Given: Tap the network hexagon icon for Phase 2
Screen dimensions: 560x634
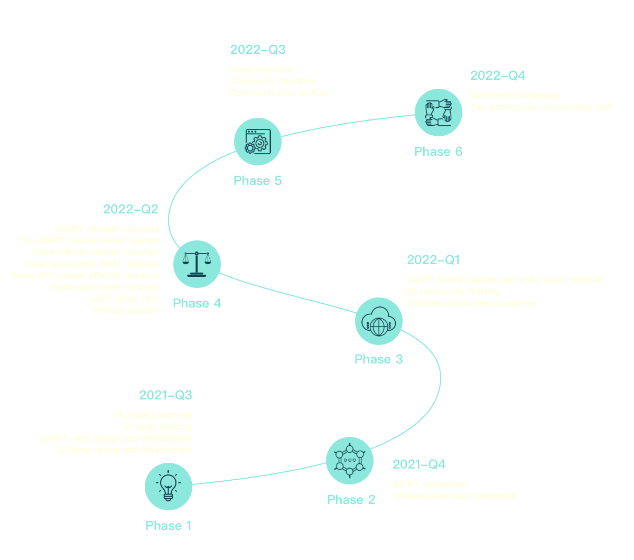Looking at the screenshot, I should [x=349, y=460].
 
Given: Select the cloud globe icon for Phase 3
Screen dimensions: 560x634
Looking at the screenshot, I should [x=378, y=321].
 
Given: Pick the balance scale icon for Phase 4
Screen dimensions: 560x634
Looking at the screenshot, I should [x=197, y=264].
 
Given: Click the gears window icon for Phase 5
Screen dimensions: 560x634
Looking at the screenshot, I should [x=258, y=142].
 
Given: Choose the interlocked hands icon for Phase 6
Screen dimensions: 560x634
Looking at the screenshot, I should [x=439, y=113].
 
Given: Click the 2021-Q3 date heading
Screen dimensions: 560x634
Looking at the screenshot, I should [x=165, y=395].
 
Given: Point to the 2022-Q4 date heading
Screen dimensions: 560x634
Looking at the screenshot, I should [x=498, y=76].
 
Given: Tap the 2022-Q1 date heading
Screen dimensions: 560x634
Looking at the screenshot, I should [x=433, y=260].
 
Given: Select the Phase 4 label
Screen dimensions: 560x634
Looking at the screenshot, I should [x=197, y=303].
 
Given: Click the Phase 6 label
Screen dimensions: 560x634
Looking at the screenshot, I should [x=438, y=152].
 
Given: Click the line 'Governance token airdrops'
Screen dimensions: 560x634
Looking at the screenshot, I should [x=104, y=287].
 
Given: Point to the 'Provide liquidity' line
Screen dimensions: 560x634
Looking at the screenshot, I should [x=126, y=311].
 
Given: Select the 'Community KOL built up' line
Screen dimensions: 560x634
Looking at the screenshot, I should [x=279, y=93].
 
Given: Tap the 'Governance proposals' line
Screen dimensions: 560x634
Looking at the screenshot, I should [x=515, y=96].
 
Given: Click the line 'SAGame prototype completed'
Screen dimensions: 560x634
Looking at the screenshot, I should [x=453, y=496].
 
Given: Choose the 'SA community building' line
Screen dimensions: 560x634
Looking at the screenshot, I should [x=453, y=292].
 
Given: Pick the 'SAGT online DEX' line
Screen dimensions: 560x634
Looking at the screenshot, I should [x=124, y=299].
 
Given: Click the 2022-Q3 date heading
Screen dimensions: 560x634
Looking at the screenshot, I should [x=257, y=50].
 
